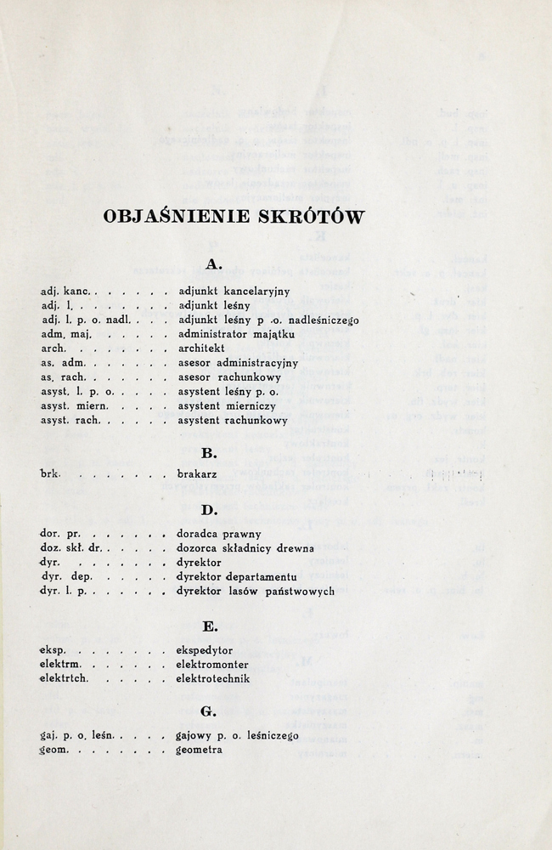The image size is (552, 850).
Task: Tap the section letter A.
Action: click(x=214, y=264)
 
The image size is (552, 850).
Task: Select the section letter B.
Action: click(x=212, y=454)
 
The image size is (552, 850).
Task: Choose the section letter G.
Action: click(x=208, y=711)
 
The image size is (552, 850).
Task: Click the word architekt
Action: click(x=201, y=348)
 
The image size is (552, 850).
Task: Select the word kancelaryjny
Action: click(x=254, y=292)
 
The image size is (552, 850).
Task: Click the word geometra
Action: click(x=200, y=751)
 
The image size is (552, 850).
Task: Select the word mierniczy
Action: click(x=258, y=406)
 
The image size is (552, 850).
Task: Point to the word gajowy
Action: click(x=195, y=736)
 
